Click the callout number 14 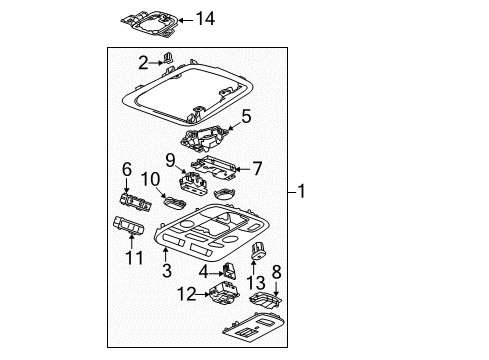[205, 19]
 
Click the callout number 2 [143, 62]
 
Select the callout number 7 [256, 169]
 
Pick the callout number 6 [127, 169]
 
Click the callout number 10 [149, 179]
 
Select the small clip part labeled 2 [169, 60]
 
